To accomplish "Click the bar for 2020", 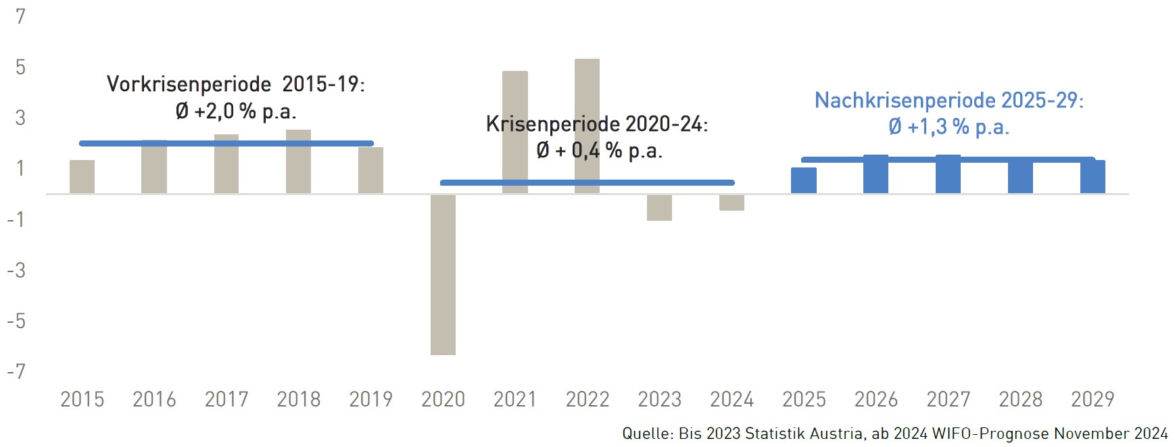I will click(443, 274).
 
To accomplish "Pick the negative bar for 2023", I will click(659, 207).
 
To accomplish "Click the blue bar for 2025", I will click(804, 181).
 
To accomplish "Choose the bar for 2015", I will click(82, 177).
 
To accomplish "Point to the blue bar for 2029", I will click(1093, 178).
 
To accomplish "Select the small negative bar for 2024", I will click(732, 203).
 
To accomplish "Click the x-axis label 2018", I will click(299, 399).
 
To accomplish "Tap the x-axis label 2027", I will click(949, 399).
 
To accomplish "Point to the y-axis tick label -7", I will click(16, 371).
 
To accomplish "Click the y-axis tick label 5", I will click(20, 67).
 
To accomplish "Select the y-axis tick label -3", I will click(16, 270).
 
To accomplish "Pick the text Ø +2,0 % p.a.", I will click(236, 111).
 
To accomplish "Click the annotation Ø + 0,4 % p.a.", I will click(599, 151).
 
